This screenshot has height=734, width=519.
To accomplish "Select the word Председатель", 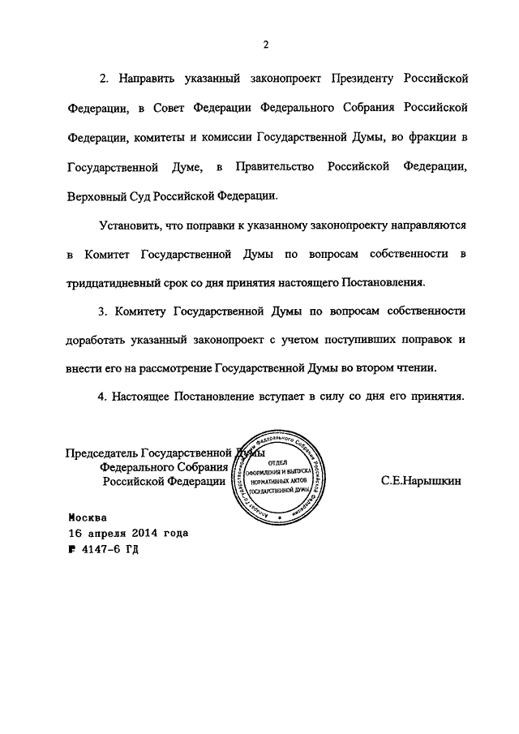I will point(101,453).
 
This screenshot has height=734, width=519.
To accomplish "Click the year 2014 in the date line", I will point(144,533).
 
